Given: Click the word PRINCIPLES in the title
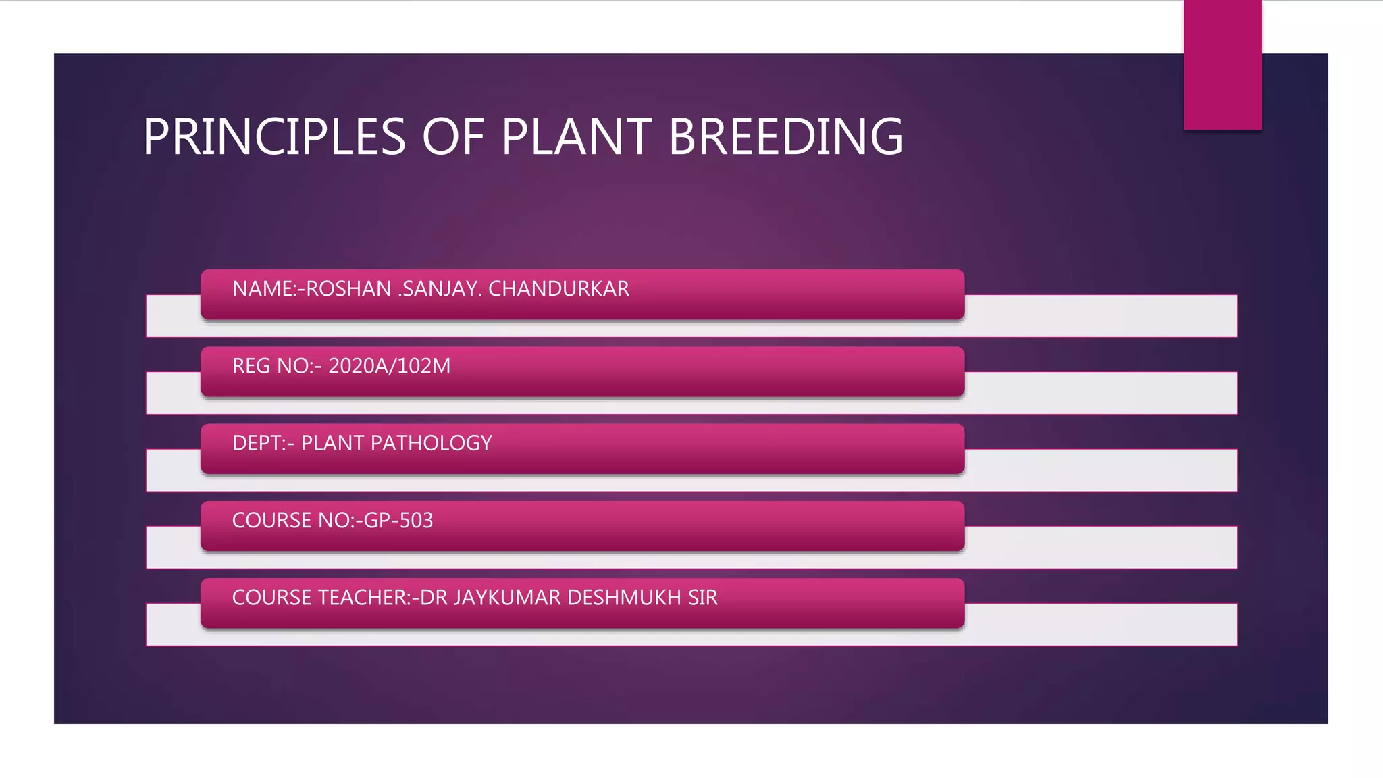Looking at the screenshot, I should pos(273,137).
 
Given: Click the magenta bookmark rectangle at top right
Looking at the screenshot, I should pos(1222,64).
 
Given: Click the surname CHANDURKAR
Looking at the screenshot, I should pos(558,289).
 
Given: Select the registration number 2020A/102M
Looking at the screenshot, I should pos(389,366).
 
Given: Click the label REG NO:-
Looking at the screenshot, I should pos(277,366).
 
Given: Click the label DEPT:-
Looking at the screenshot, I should pos(263,443).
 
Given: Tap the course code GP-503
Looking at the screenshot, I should pos(398,521).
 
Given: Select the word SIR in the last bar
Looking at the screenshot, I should pos(703,598).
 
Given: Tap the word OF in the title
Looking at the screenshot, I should pos(453,137).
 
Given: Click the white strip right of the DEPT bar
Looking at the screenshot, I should pos(1101,470).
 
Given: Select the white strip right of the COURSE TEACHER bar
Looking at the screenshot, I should pos(1101,625).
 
